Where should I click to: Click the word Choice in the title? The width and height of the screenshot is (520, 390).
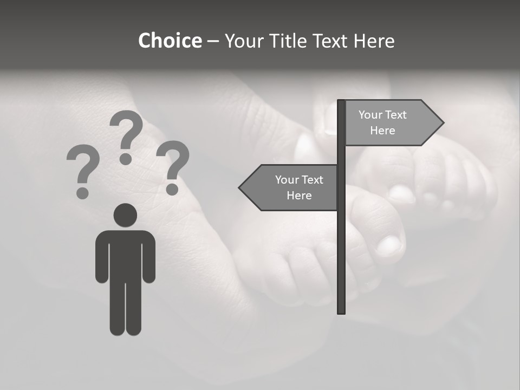point(170,41)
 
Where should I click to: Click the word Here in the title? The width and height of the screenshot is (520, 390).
point(374,41)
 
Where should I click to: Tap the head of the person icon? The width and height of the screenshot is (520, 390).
point(125,215)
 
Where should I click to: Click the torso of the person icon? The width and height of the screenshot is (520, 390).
point(126,255)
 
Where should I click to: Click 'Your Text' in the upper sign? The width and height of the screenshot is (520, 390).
point(382,115)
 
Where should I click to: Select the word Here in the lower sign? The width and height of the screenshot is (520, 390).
point(299,196)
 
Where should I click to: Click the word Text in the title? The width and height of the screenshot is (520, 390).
point(328,41)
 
